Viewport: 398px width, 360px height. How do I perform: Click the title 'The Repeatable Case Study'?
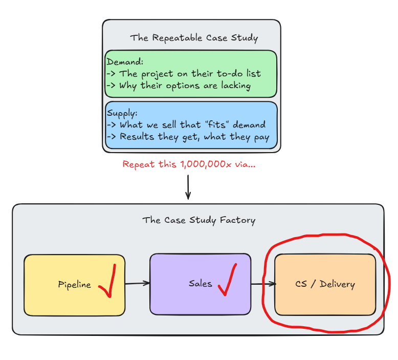pos(194,38)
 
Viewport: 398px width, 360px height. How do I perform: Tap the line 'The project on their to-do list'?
pos(190,74)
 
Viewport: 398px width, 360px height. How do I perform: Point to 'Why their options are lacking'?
pos(185,86)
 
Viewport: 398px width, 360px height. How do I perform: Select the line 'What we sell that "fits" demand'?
pos(192,124)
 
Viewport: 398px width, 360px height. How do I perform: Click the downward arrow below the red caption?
pos(188,187)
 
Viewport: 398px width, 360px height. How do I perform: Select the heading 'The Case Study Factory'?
pos(199,220)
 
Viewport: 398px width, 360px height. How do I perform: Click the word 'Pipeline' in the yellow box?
pos(75,284)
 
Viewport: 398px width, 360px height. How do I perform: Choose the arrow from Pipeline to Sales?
pos(138,283)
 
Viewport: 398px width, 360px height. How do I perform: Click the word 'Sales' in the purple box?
pos(200,283)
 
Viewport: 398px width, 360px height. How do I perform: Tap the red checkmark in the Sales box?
pos(228,281)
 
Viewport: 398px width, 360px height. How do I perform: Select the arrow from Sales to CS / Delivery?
pos(263,284)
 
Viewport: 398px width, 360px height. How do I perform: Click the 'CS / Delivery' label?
pos(325,284)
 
